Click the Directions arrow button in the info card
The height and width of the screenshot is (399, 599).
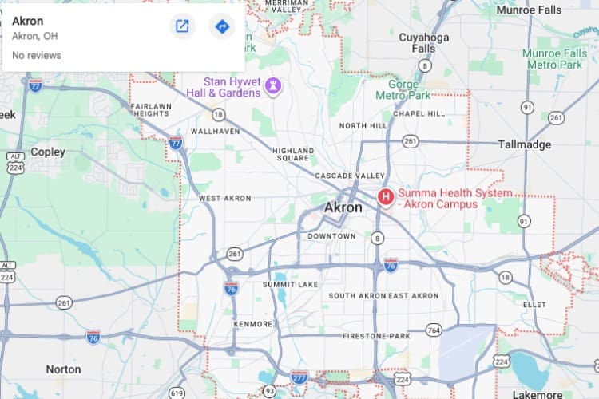(222, 26)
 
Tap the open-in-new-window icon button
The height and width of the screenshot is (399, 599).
(182, 26)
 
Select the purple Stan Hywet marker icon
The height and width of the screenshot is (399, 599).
(273, 86)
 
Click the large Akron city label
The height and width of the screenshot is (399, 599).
(343, 207)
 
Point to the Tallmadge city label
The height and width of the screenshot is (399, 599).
(525, 144)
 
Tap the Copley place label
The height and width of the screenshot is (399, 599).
(48, 152)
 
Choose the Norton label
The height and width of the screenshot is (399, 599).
(63, 369)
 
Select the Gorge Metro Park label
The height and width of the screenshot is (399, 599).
(409, 89)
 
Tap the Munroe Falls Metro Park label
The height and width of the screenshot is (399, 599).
(554, 58)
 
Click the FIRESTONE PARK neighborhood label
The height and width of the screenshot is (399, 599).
(375, 337)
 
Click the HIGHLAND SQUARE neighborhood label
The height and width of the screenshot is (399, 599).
(293, 154)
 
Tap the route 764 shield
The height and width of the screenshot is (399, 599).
(434, 330)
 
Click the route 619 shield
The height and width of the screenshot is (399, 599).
(177, 393)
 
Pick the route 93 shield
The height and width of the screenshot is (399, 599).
(271, 391)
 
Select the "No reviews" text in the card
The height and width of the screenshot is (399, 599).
(37, 55)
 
